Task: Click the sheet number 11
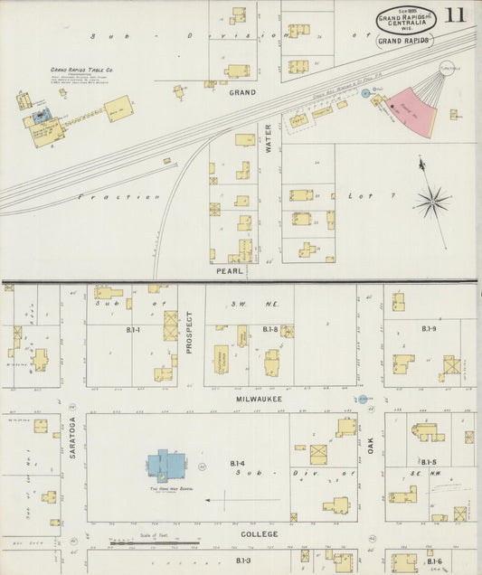(455, 14)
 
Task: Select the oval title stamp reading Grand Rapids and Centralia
(403, 19)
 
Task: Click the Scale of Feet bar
(145, 542)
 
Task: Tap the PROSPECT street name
(190, 331)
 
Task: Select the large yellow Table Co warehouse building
(119, 109)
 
